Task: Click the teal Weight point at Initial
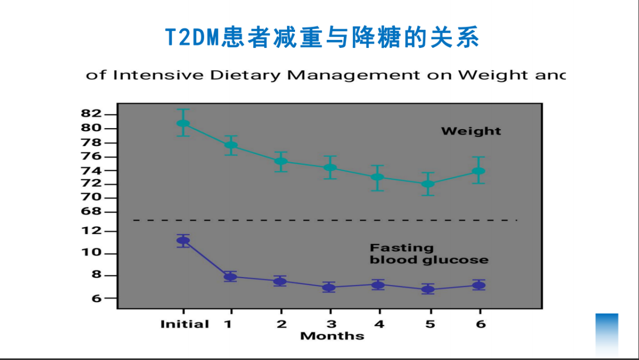183,123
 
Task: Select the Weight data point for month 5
428,184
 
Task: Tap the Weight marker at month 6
478,171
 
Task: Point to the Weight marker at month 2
281,161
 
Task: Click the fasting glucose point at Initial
183,240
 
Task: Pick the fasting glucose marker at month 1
230,277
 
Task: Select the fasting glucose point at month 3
329,288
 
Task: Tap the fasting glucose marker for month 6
479,286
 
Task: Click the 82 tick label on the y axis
91,114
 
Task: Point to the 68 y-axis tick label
91,212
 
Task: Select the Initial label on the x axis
184,324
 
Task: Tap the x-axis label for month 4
379,324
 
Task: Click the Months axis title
332,336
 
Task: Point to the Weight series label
471,131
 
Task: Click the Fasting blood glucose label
428,254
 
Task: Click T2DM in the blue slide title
194,38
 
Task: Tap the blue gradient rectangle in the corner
607,334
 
